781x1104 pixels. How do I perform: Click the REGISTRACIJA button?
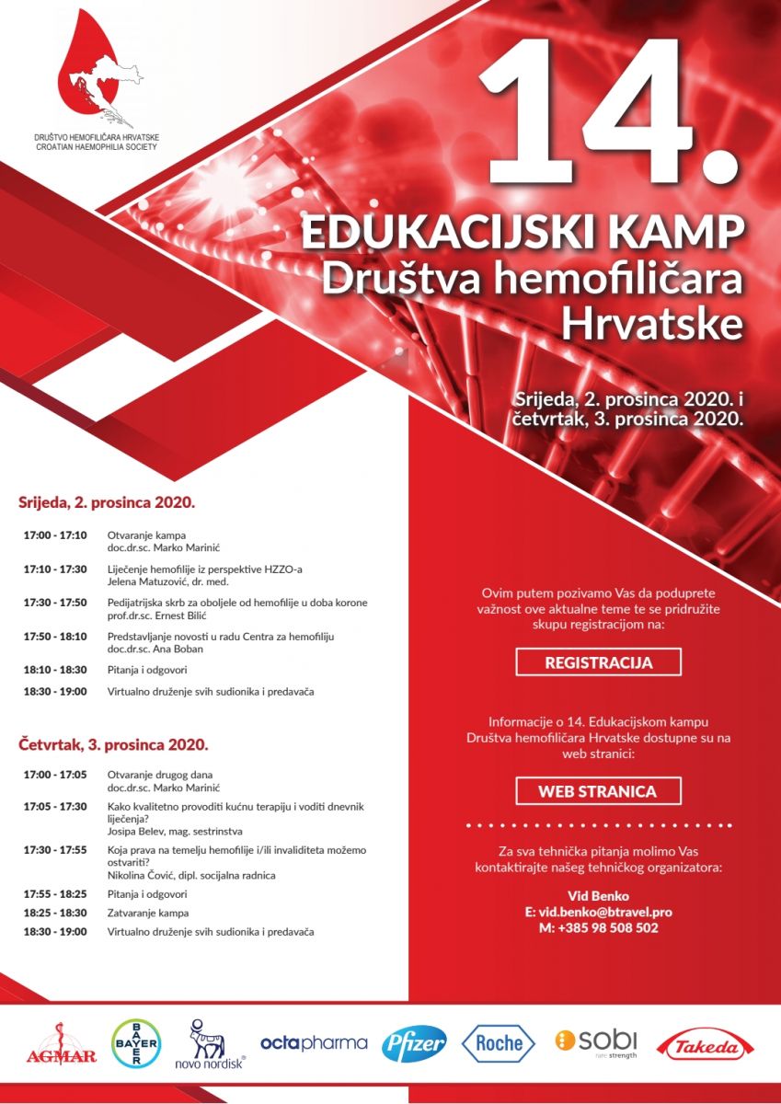[598, 662]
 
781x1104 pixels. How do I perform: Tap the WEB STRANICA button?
[598, 791]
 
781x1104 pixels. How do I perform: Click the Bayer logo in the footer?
[135, 1043]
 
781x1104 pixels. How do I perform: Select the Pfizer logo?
[415, 1043]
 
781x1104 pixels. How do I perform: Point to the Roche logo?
[498, 1043]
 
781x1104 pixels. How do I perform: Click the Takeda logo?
[705, 1045]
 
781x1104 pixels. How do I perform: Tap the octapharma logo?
[314, 1043]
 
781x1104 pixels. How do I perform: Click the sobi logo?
[596, 1041]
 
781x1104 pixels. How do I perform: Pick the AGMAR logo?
[62, 1047]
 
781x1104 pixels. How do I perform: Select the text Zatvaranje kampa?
[148, 913]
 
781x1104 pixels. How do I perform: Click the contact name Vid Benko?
[598, 895]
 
